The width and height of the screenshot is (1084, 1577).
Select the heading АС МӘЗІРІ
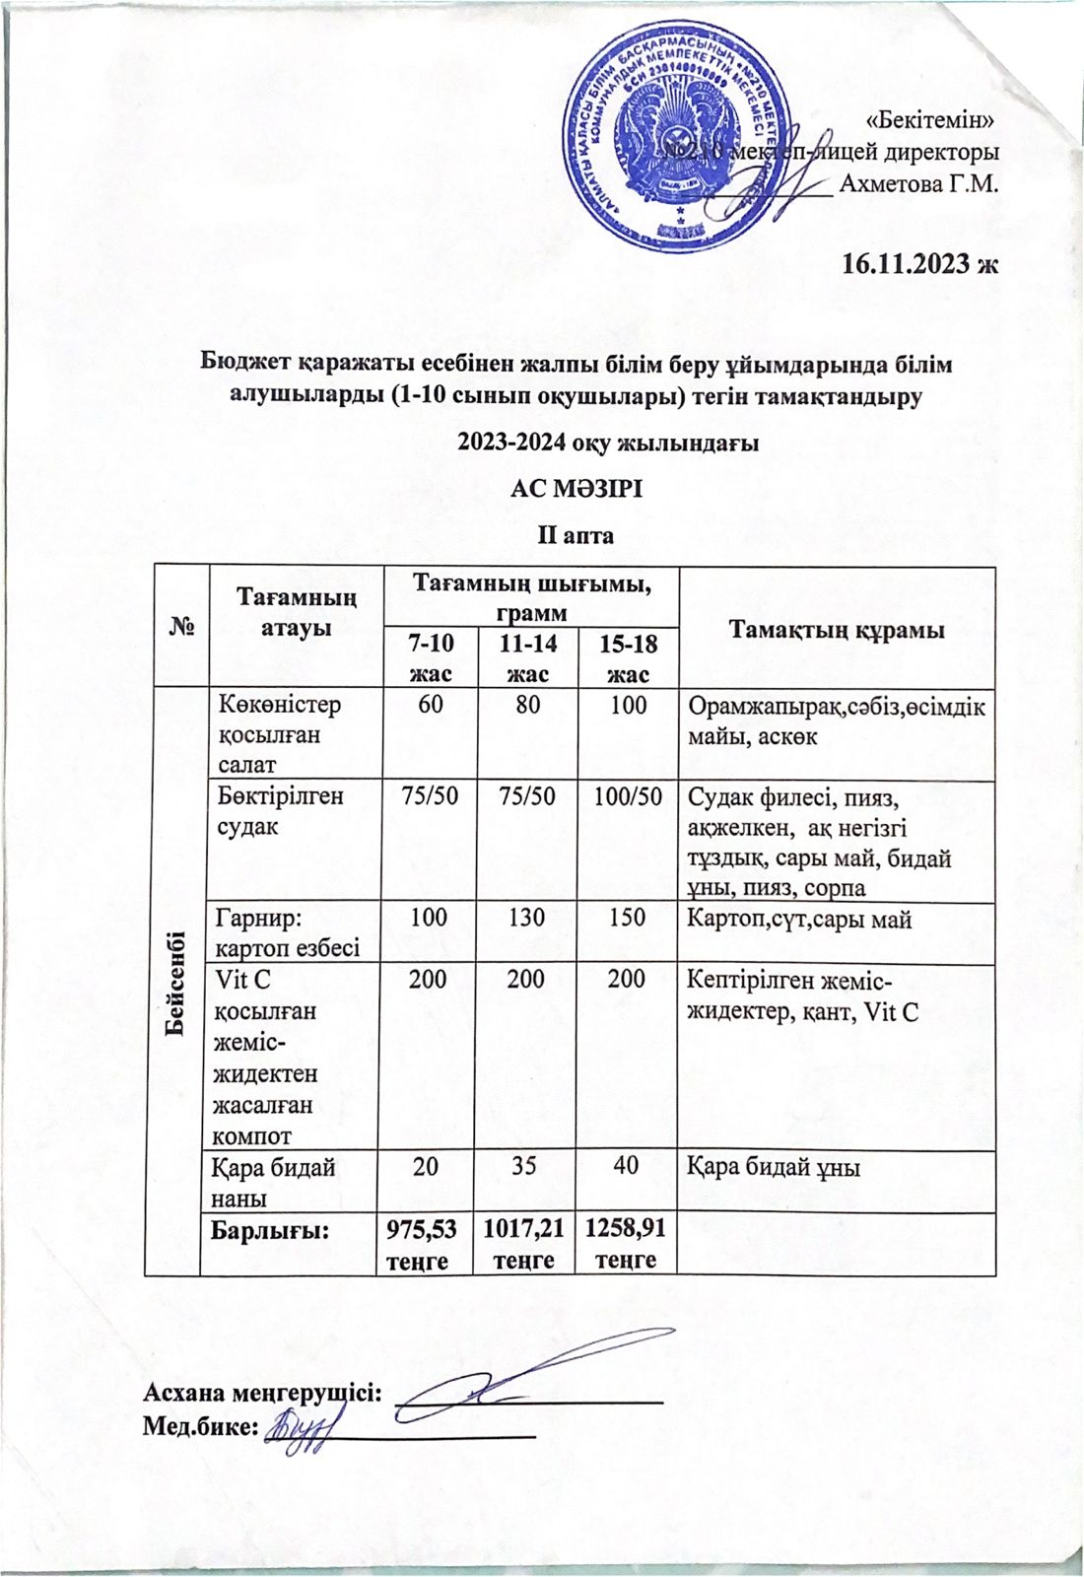coord(576,487)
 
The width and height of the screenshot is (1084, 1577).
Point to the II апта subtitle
coord(575,535)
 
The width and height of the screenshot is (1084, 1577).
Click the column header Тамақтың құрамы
coord(838,630)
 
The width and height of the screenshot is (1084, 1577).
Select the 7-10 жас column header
coord(431,658)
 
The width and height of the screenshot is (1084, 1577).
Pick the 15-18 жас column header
coord(628,658)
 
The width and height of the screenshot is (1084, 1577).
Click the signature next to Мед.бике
coord(304,1426)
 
